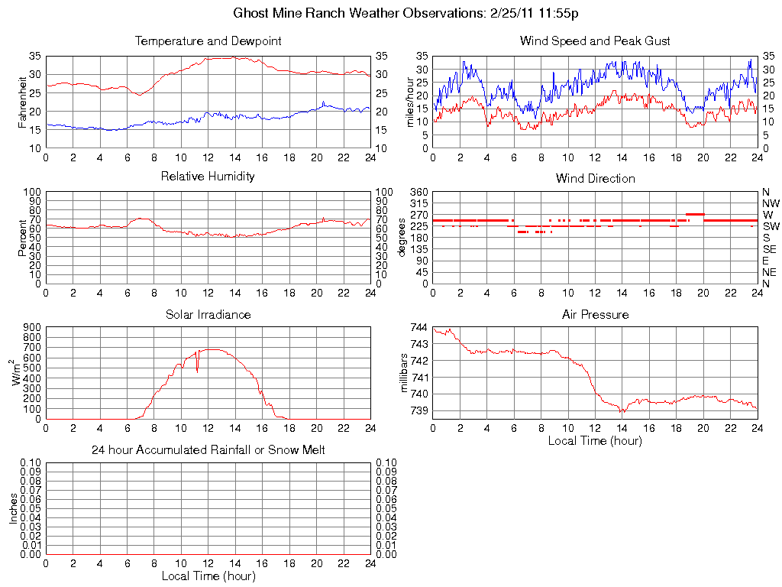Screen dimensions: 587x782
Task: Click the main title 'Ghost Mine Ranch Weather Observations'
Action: pos(390,14)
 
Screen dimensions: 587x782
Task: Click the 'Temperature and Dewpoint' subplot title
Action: pos(208,41)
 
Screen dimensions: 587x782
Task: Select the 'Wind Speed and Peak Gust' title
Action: pos(595,41)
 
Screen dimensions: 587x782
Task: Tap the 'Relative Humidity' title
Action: pos(208,177)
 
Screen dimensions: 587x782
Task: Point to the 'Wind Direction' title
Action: pos(595,178)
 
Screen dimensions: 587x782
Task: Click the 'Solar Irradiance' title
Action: pos(208,314)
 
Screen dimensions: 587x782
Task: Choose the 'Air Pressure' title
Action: pos(595,314)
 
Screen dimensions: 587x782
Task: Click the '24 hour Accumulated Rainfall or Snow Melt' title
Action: pos(208,450)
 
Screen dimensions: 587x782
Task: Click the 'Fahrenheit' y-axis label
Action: pos(22,102)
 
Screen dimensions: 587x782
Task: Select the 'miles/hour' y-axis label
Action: pos(409,102)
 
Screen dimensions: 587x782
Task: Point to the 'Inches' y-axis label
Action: pos(13,508)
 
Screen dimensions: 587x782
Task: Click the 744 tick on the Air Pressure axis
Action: pos(419,327)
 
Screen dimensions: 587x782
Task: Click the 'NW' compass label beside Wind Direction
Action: pos(771,203)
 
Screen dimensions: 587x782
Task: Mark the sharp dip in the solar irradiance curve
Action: pos(197,370)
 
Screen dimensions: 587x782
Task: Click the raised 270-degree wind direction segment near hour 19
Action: pos(694,214)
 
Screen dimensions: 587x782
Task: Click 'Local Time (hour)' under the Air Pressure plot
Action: pos(595,440)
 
